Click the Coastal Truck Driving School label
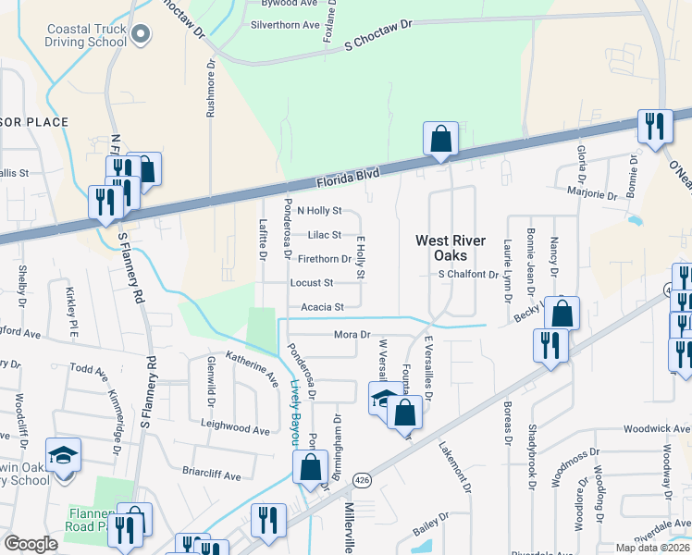[86, 35]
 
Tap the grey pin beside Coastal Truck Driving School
[141, 36]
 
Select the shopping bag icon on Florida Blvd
[441, 140]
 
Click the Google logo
[31, 543]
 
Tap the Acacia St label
[322, 306]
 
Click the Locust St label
[311, 282]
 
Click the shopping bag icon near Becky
[562, 314]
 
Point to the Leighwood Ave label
[236, 430]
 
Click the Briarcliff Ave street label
[211, 475]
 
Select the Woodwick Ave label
[657, 429]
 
